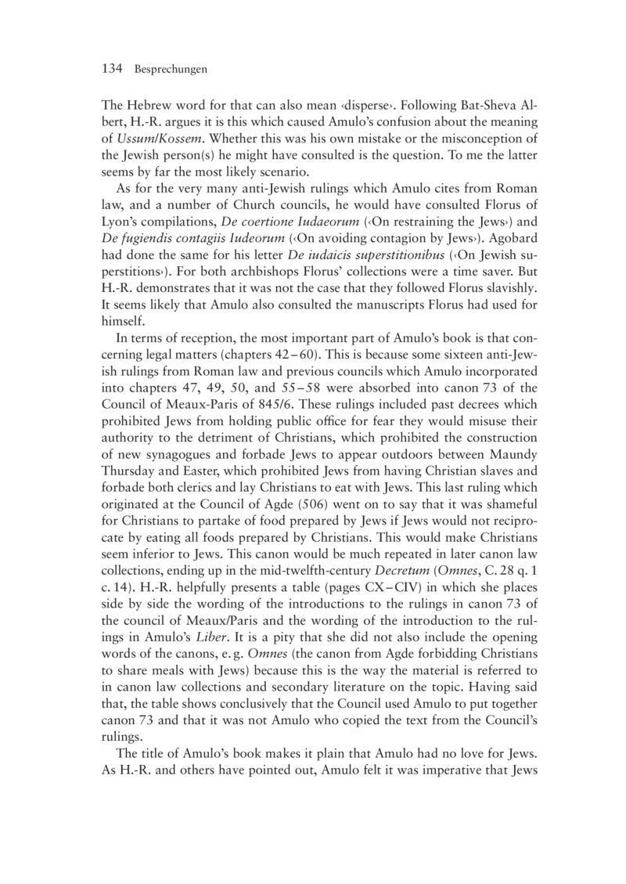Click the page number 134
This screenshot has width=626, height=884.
coord(113,70)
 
